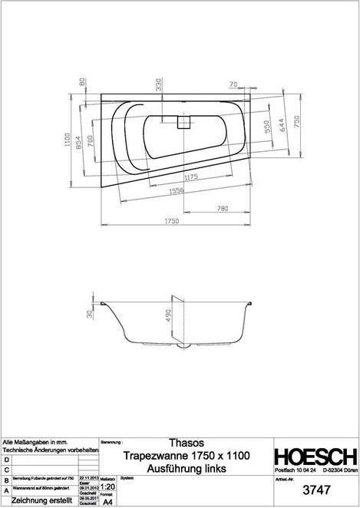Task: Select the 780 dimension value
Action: point(222,207)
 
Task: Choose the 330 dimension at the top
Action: point(159,84)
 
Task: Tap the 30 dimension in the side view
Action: point(90,314)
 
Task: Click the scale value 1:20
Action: point(109,487)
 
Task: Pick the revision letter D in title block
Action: point(7,458)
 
